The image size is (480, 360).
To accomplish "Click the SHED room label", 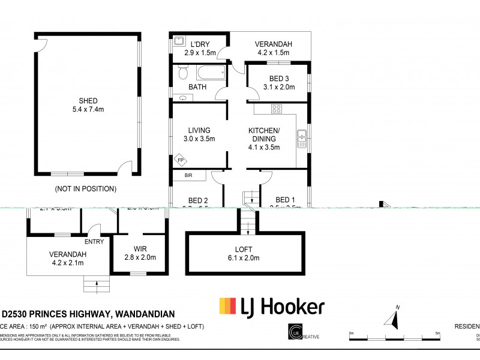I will click(x=88, y=101).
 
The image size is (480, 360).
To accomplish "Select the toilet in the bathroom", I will click(x=184, y=73).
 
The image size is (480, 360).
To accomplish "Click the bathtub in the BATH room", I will click(x=211, y=73).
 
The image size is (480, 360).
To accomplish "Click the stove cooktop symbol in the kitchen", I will click(x=277, y=109).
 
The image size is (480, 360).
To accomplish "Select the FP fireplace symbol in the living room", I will click(x=179, y=160).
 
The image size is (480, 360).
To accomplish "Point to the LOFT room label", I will click(x=244, y=249).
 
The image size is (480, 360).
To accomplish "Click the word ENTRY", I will click(x=94, y=242).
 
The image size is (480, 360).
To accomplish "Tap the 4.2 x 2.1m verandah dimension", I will click(x=68, y=263).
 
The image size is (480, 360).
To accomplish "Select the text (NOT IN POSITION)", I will click(x=85, y=188).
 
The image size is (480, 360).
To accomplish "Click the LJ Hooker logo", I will click(x=272, y=307).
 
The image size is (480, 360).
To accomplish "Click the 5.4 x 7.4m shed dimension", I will click(x=88, y=109).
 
